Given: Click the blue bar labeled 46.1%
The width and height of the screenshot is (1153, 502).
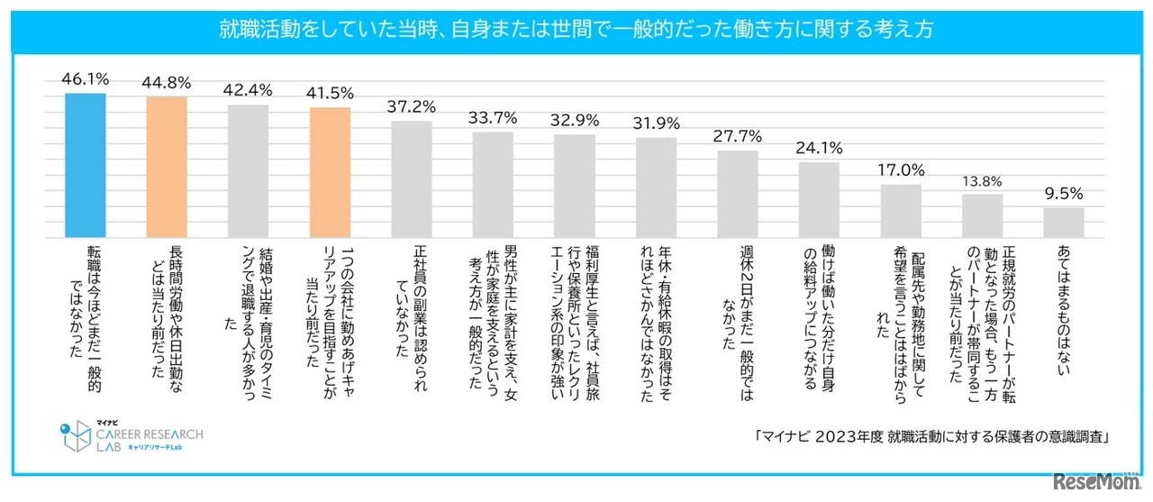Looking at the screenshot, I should point(86,163).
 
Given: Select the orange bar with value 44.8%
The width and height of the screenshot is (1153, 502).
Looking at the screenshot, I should point(167,165).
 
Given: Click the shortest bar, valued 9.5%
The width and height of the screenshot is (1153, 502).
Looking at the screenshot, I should point(1064,222).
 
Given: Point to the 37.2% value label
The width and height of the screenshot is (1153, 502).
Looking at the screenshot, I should point(411,107).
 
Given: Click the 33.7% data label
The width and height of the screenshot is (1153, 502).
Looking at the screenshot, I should point(493,117).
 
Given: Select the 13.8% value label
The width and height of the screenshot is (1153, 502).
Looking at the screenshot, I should point(982,180).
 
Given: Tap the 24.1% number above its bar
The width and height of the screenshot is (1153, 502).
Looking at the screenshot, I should point(819,147).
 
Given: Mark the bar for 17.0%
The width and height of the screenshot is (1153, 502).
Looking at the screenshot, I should point(901,209).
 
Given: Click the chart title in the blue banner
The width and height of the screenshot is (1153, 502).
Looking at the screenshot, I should point(576,29).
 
